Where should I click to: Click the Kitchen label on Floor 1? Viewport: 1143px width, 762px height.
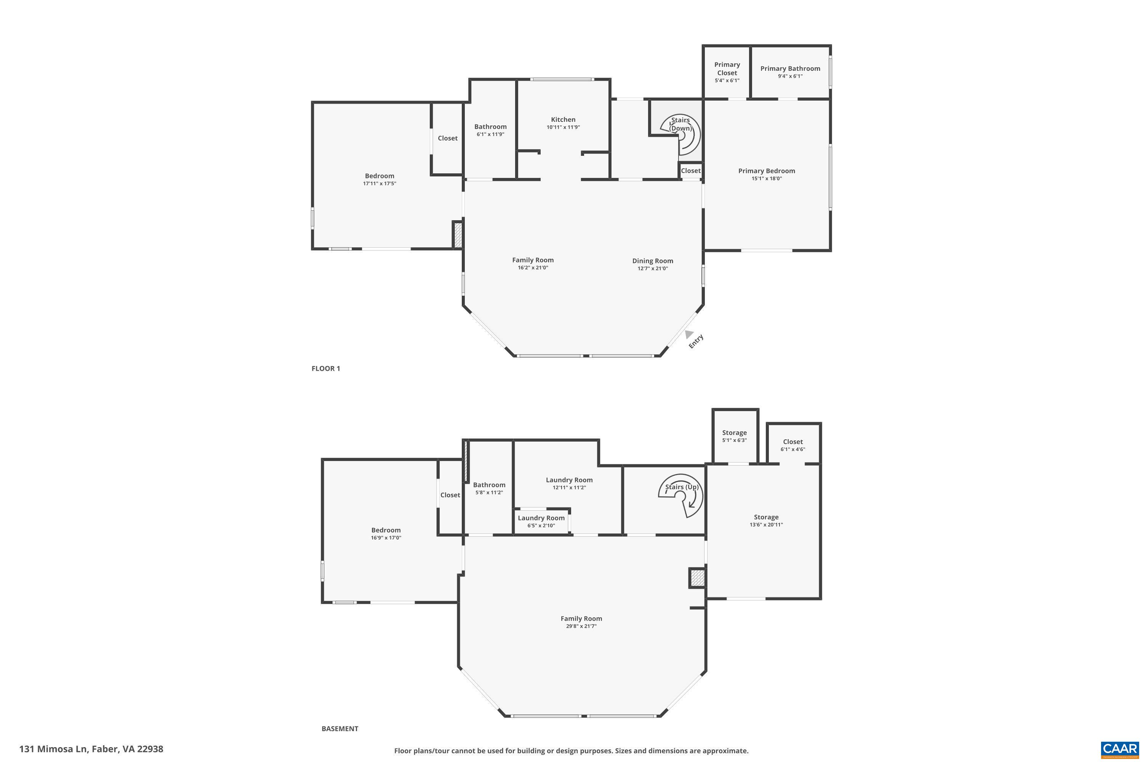(x=563, y=120)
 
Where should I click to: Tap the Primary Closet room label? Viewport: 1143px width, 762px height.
(x=727, y=69)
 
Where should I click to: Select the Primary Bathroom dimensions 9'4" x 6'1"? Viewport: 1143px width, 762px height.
(x=790, y=76)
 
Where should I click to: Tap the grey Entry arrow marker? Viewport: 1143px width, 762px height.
(x=688, y=334)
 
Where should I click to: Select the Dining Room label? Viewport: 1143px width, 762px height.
(x=652, y=261)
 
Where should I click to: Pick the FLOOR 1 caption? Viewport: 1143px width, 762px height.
(x=326, y=368)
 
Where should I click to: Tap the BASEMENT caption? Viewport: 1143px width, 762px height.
(x=340, y=728)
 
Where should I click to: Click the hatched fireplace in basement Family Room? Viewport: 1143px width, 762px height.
(x=697, y=578)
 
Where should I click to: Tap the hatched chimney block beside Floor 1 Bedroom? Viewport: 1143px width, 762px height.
(x=457, y=235)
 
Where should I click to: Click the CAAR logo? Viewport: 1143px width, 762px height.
(x=1120, y=749)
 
